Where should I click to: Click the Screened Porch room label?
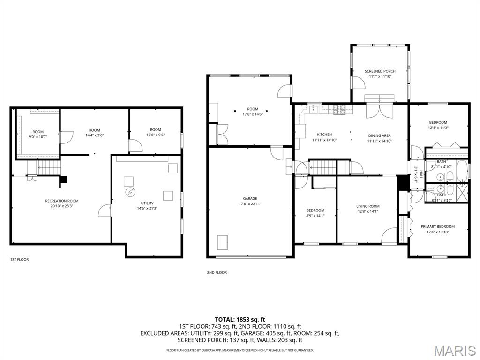(380, 71)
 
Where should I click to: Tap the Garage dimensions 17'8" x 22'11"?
(250, 204)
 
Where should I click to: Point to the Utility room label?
(145, 203)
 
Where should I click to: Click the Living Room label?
(367, 206)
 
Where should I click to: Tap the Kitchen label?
(324, 135)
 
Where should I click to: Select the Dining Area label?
(379, 135)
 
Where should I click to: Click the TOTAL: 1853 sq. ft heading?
(240, 319)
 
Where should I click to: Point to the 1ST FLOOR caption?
(19, 259)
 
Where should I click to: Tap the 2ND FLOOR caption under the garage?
(217, 272)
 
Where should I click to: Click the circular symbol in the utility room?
(129, 192)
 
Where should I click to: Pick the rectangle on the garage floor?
(222, 243)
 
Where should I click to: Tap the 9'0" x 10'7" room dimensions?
(38, 137)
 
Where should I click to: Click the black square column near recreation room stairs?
(64, 179)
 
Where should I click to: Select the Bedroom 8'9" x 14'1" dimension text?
(315, 216)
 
